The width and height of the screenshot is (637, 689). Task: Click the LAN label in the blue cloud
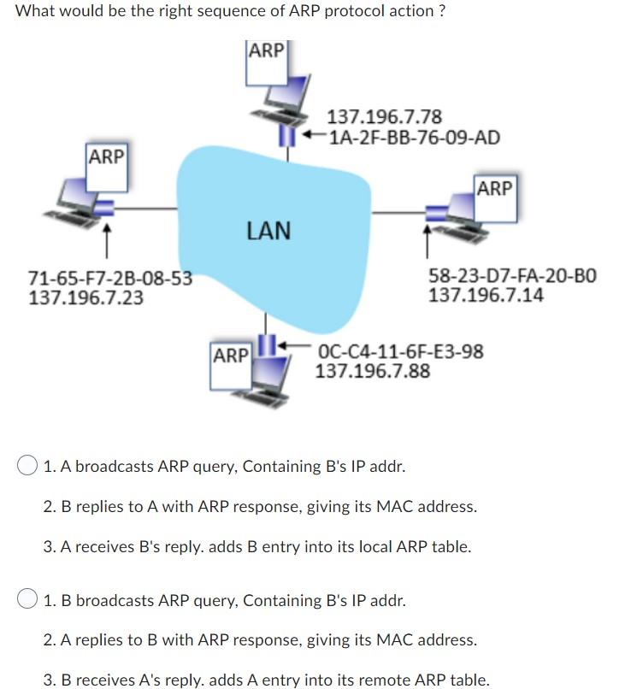[268, 230]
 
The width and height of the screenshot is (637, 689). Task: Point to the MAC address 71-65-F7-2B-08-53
[109, 279]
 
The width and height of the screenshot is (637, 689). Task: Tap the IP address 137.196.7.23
[86, 297]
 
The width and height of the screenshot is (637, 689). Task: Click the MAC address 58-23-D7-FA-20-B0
[512, 277]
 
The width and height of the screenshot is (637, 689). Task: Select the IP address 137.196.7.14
[485, 296]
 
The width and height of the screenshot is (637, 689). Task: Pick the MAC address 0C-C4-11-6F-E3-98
[400, 351]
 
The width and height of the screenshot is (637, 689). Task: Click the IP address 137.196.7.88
[373, 371]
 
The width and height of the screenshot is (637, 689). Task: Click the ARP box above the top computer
[266, 50]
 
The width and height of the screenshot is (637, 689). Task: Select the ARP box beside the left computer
[106, 157]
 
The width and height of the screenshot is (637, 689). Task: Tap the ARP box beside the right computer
[494, 188]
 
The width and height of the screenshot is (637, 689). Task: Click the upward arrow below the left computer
[106, 242]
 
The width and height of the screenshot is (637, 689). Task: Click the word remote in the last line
[389, 680]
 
